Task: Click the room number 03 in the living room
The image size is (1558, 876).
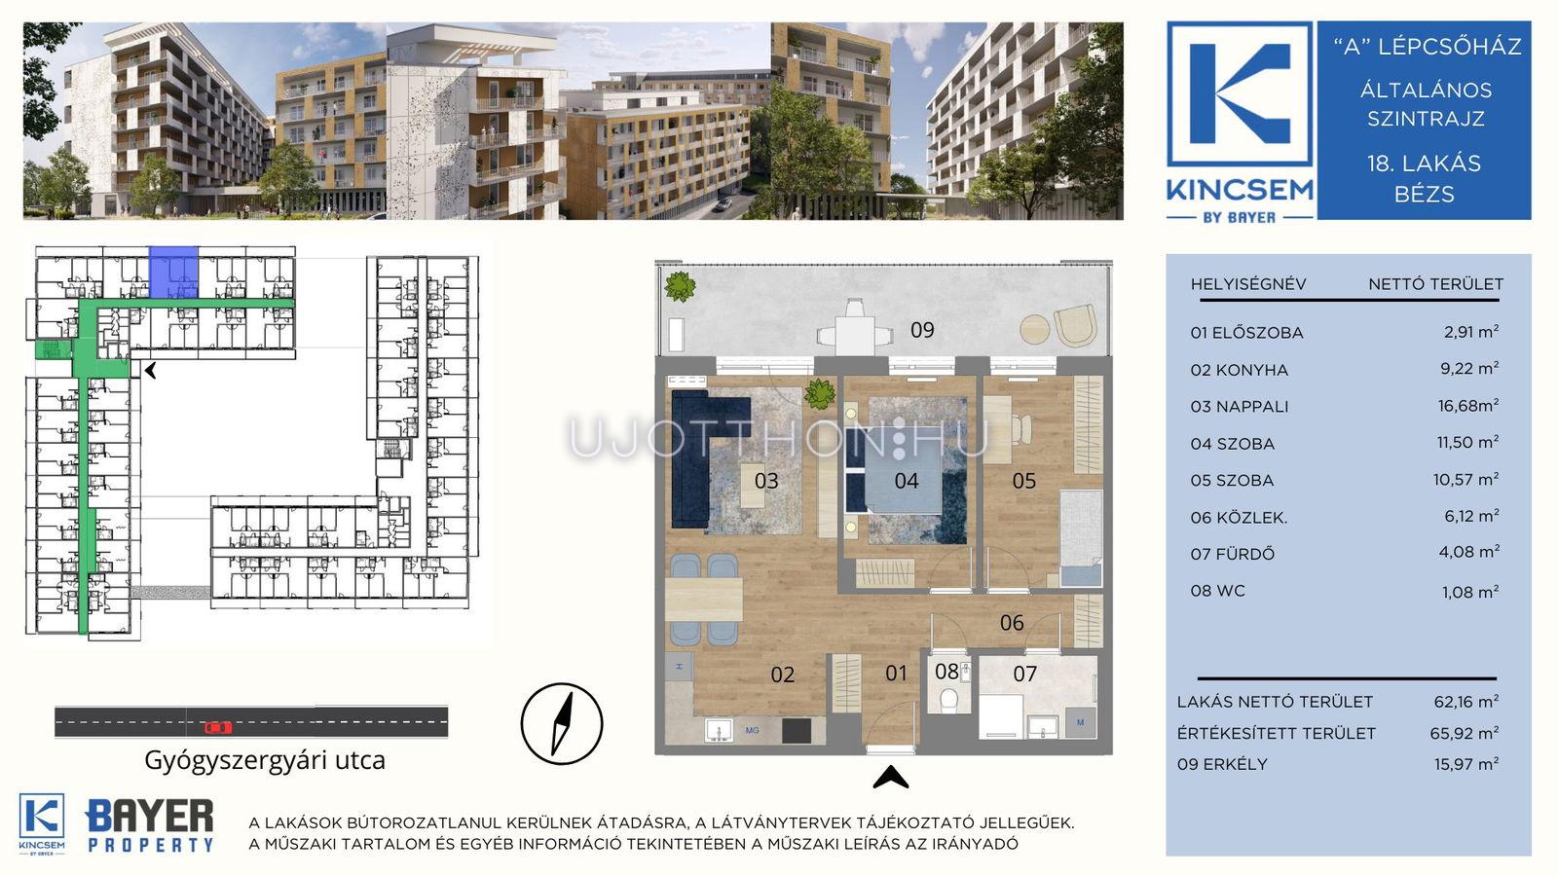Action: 765,481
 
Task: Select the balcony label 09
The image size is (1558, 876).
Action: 922,330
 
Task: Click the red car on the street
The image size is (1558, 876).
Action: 217,727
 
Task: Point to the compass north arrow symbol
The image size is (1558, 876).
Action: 561,724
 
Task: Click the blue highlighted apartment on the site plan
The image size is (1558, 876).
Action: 174,273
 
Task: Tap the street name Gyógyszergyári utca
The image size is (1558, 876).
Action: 264,760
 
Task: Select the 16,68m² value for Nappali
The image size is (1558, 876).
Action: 1468,405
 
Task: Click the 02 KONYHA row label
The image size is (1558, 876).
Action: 1239,370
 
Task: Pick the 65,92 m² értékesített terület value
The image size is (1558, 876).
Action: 1465,733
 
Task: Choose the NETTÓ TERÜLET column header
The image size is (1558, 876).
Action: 1435,283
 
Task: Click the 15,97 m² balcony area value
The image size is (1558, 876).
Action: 1466,764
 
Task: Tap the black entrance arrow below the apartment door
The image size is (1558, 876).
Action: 890,778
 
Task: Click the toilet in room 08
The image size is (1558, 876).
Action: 948,700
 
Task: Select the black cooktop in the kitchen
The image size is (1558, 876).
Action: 797,731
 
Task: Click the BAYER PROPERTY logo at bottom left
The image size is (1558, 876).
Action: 150,826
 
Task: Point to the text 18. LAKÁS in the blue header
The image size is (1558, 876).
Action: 1424,164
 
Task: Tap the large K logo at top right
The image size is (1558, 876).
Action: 1240,93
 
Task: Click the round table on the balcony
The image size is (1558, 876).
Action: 1034,329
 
